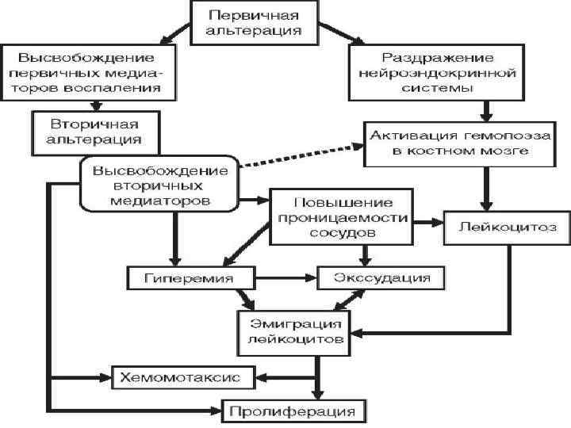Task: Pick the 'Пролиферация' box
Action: click(293, 411)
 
